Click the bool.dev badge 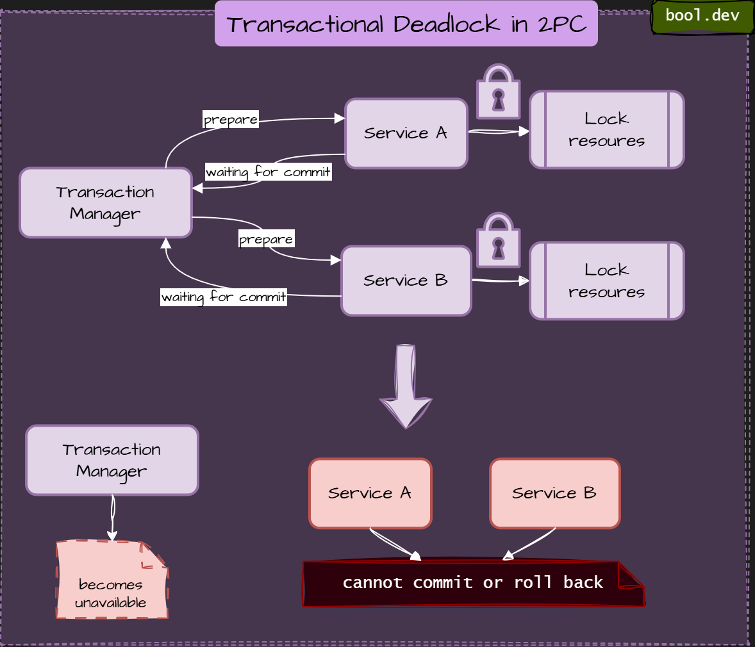click(702, 16)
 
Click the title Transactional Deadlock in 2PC click(406, 24)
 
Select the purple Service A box click(406, 133)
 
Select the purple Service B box click(406, 281)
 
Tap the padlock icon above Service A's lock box click(499, 92)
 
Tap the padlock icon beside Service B click(499, 240)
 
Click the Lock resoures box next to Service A click(607, 130)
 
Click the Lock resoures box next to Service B click(607, 281)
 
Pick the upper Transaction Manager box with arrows click(106, 203)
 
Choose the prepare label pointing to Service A click(231, 120)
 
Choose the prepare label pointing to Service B click(266, 240)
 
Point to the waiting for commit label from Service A click(268, 172)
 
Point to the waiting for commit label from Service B click(224, 297)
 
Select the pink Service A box click(370, 493)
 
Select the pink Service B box click(555, 493)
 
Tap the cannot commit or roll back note click(473, 583)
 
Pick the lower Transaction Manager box click(112, 460)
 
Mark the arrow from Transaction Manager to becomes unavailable click(113, 518)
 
